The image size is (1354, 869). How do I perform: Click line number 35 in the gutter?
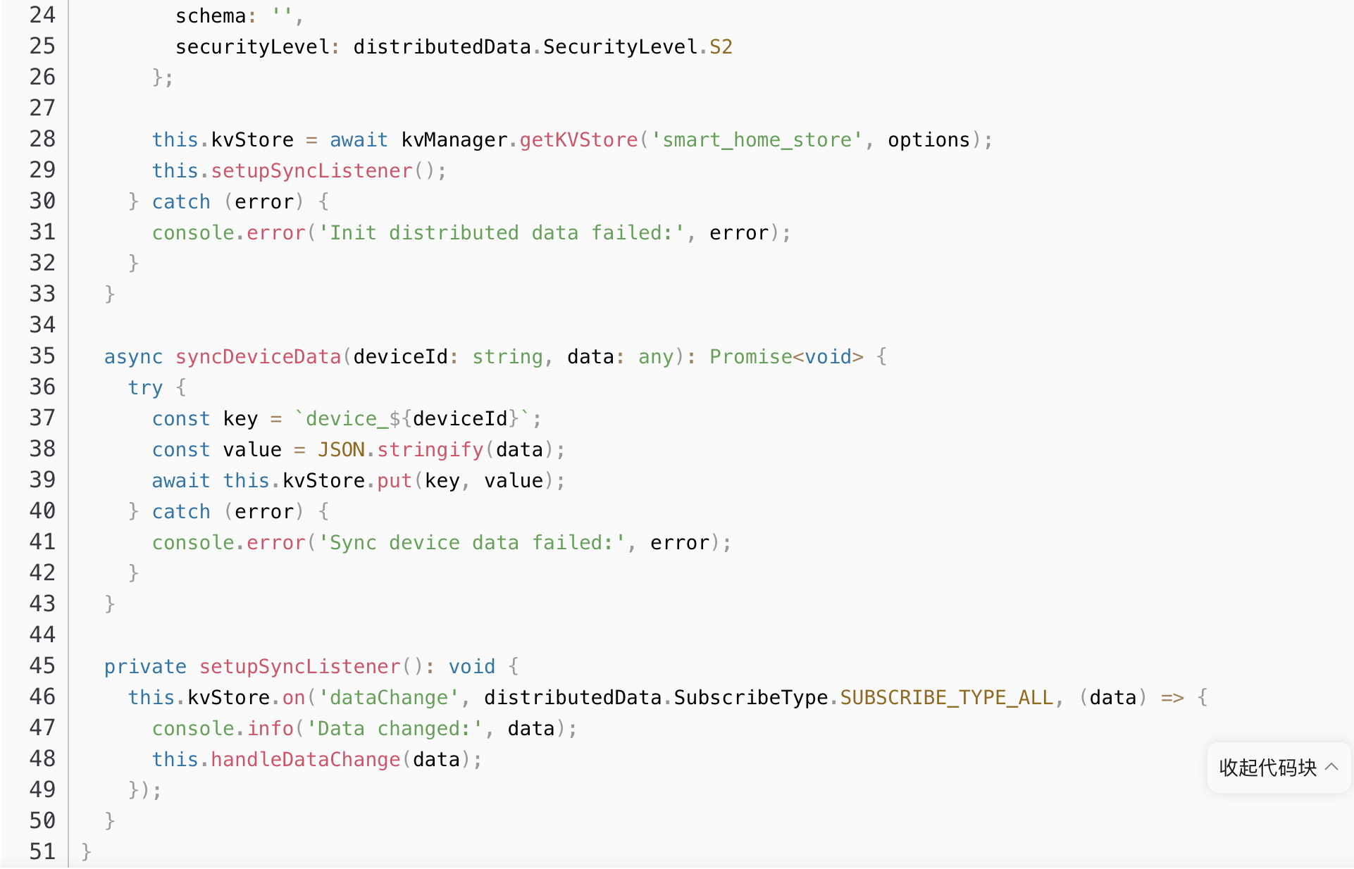42,356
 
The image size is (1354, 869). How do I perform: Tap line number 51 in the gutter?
42,852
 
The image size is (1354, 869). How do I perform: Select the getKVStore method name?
578,140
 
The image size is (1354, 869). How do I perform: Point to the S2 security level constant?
721,47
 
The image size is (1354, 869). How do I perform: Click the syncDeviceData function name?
258,357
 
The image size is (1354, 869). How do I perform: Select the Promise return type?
750,357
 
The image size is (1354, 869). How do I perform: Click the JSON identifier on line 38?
341,450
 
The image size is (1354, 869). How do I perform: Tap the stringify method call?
430,450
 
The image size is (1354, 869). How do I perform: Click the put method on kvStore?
394,481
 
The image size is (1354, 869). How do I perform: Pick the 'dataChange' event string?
388,698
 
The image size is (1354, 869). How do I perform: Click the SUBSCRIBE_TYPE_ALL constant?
946,698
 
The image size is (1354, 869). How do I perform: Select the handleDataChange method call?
305,760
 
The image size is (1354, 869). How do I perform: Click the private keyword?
145,667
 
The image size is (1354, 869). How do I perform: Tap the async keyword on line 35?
133,357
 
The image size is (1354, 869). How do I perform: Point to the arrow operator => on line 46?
1172,698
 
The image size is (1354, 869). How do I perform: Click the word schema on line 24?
211,16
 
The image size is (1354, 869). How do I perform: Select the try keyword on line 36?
145,388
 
